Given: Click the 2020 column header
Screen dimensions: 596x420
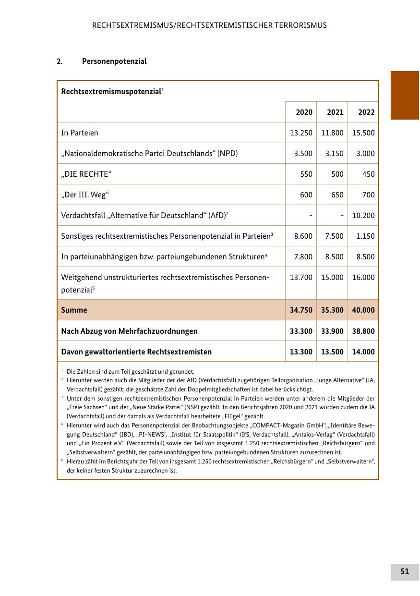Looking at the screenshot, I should coord(304,112).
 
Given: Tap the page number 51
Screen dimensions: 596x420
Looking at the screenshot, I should coord(405,572).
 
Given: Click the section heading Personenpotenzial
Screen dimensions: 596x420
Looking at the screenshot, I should coord(114,61).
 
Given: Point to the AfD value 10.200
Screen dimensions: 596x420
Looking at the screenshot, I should coord(363,216).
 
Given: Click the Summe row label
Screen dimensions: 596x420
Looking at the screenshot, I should coord(74,310).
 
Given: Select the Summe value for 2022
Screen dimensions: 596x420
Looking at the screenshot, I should coord(363,310).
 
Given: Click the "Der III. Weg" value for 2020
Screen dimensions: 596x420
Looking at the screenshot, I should coord(306,195).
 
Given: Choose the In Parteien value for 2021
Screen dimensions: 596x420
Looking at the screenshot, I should coord(332,133).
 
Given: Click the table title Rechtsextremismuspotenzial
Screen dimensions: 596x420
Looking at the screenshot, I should coord(111,91).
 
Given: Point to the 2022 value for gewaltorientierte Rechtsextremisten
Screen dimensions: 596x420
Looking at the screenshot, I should coord(363,352).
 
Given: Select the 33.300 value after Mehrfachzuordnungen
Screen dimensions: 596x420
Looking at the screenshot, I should coord(301,331).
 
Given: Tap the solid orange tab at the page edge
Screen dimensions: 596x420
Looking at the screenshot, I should coord(405,95).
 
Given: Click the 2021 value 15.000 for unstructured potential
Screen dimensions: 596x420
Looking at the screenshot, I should coord(332,278).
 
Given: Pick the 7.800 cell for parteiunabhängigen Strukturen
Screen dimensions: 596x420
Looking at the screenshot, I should coord(303,257).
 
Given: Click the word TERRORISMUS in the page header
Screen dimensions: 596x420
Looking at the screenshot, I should coord(301,25).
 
